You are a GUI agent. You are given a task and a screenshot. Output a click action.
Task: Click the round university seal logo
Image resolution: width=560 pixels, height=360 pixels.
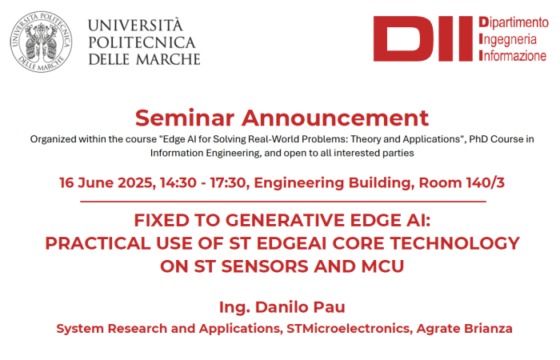click(41, 42)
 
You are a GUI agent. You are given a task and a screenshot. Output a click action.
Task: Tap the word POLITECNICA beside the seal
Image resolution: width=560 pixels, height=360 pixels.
click(142, 42)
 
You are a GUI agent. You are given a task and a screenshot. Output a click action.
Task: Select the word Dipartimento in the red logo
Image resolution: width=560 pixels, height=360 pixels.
click(514, 22)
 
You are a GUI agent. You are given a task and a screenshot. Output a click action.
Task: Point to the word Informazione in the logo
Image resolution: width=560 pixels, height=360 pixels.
click(513, 55)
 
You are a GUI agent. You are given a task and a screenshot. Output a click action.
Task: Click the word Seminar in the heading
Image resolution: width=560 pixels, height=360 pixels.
click(185, 118)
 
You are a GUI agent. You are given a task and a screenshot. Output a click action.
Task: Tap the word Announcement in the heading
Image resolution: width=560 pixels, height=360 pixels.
click(335, 118)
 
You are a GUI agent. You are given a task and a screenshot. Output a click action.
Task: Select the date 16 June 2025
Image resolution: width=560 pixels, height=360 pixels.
click(107, 183)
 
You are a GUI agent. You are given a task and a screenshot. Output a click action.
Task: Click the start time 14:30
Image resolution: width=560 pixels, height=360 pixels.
click(178, 183)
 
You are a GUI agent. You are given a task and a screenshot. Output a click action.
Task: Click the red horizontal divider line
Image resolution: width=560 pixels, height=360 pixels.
click(283, 202)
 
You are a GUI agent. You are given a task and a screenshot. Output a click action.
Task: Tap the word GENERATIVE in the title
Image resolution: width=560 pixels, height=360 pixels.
click(286, 220)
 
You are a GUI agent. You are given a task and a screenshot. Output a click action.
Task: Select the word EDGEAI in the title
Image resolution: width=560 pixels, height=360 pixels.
click(291, 243)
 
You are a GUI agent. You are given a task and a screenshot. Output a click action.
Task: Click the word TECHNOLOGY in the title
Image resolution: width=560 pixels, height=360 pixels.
click(454, 243)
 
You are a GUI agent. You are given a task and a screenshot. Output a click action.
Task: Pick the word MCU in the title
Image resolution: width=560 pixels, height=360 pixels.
click(382, 266)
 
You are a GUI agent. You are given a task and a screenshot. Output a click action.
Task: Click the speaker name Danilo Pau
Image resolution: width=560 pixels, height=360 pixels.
click(300, 307)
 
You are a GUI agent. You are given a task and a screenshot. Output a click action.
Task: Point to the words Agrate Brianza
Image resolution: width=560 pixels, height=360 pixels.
click(464, 329)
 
